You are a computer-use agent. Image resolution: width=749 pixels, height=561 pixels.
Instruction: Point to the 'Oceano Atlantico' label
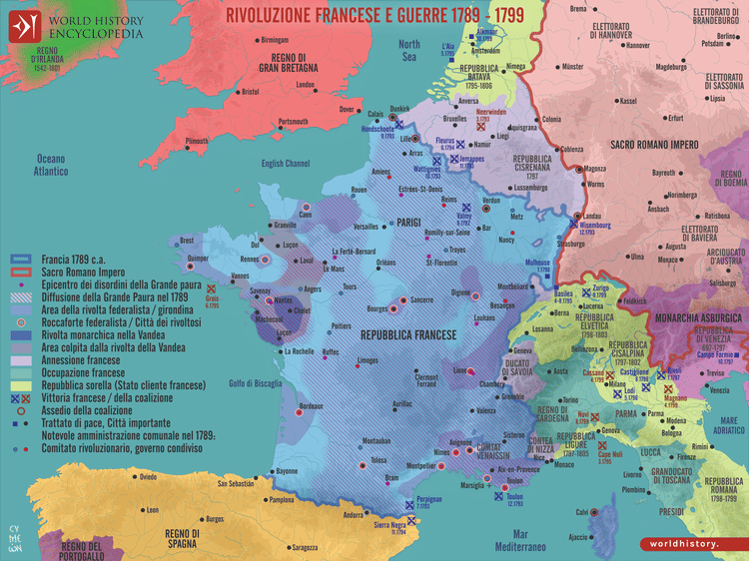[x=50, y=165]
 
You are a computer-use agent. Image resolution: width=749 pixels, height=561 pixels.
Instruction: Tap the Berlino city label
[x=713, y=45]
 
